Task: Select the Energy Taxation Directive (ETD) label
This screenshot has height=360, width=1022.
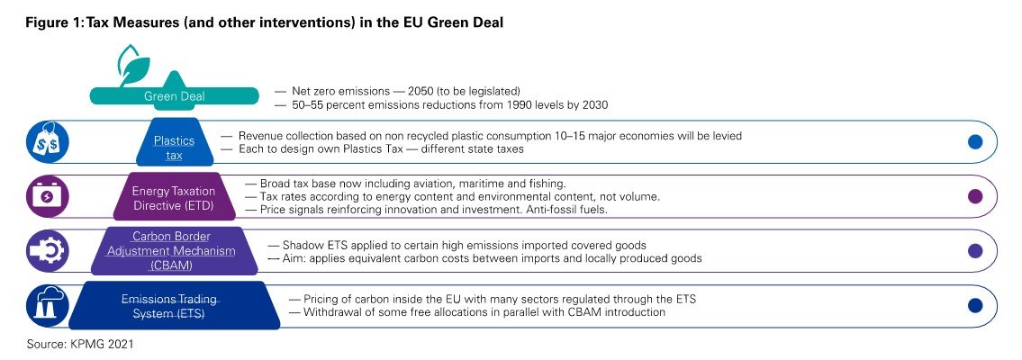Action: point(174,196)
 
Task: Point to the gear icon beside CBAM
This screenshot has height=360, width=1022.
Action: point(44,251)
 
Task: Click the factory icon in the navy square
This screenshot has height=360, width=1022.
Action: point(44,306)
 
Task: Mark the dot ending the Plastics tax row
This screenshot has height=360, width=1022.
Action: point(974,142)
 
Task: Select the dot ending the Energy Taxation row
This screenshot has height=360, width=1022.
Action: point(974,197)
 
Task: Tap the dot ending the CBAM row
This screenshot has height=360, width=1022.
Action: point(974,251)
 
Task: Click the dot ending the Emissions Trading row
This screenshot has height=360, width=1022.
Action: point(974,306)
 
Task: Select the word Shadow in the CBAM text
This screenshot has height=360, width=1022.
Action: point(303,245)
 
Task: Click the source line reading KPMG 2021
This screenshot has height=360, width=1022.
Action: point(86,342)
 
